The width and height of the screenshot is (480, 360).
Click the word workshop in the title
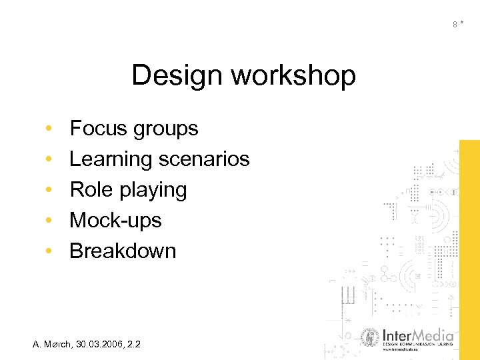pyautogui.click(x=293, y=77)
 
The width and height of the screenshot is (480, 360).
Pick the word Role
pyautogui.click(x=93, y=190)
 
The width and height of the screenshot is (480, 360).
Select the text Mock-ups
pyautogui.click(x=115, y=221)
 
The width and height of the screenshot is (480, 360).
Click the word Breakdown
pyautogui.click(x=123, y=251)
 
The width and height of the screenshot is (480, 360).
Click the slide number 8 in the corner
pyautogui.click(x=455, y=25)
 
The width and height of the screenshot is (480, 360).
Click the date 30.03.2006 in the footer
pyautogui.click(x=101, y=344)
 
